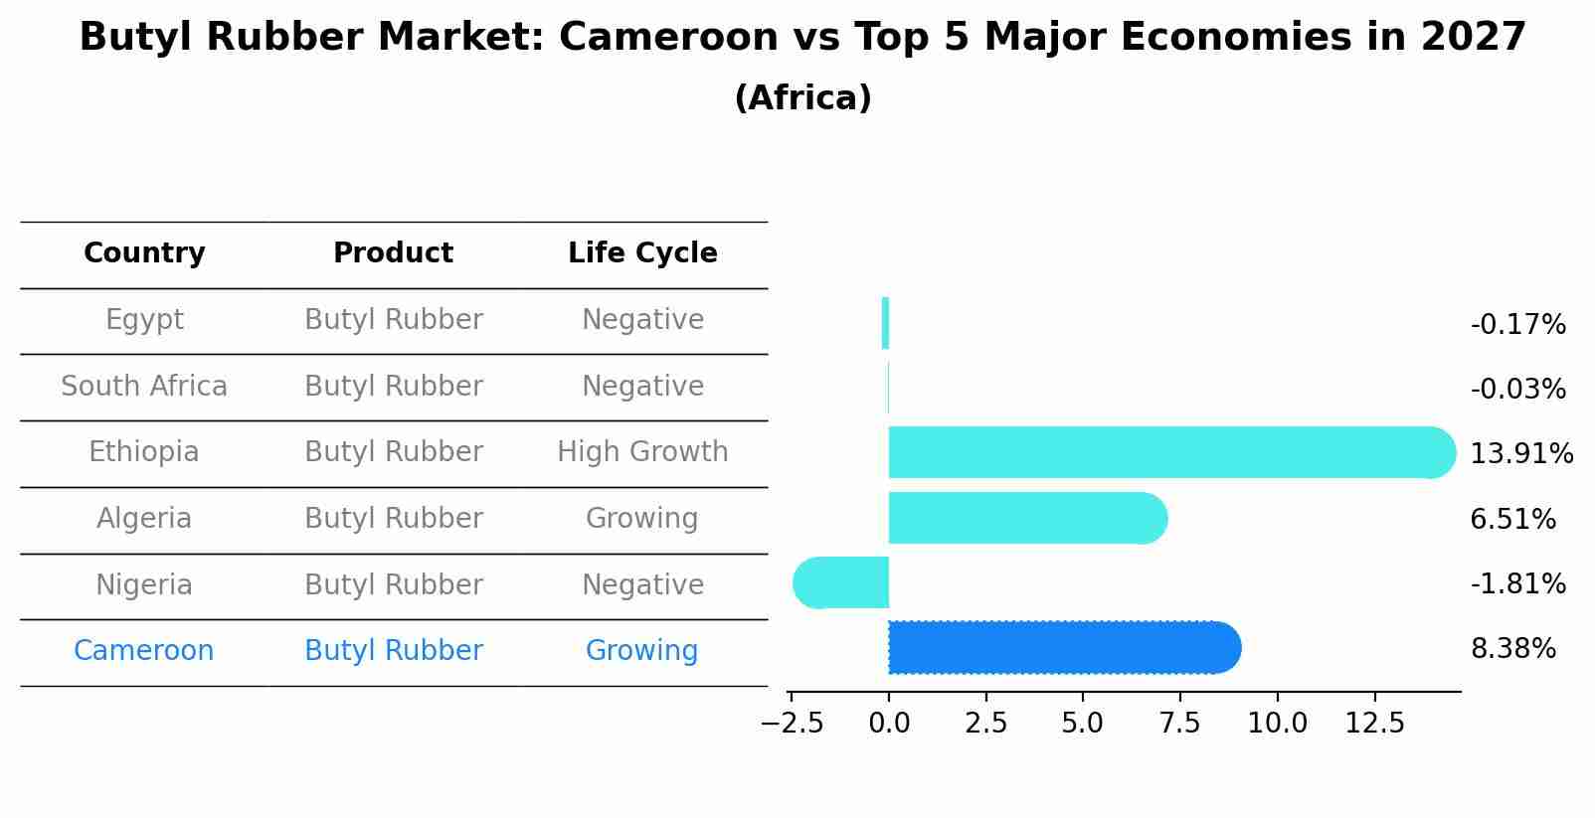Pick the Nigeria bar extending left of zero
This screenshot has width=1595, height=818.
point(841,583)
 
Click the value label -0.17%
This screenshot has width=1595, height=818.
point(1517,325)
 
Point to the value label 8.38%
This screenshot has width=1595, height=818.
point(1512,649)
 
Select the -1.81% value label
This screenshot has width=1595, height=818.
point(1517,583)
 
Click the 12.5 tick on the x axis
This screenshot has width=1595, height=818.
point(1374,724)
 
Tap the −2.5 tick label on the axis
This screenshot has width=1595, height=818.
point(792,724)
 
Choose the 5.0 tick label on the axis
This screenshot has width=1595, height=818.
point(1082,724)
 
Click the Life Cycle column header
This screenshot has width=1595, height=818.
point(642,253)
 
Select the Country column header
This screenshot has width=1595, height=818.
point(144,253)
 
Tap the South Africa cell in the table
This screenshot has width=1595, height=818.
point(144,386)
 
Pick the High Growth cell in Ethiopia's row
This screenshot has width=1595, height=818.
point(642,452)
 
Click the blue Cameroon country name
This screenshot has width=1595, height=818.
point(144,651)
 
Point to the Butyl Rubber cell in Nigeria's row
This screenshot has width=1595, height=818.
point(394,584)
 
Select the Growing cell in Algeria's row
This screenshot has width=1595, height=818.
point(642,518)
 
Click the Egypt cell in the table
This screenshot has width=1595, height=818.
point(144,320)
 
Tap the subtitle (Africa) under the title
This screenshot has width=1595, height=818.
point(802,98)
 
